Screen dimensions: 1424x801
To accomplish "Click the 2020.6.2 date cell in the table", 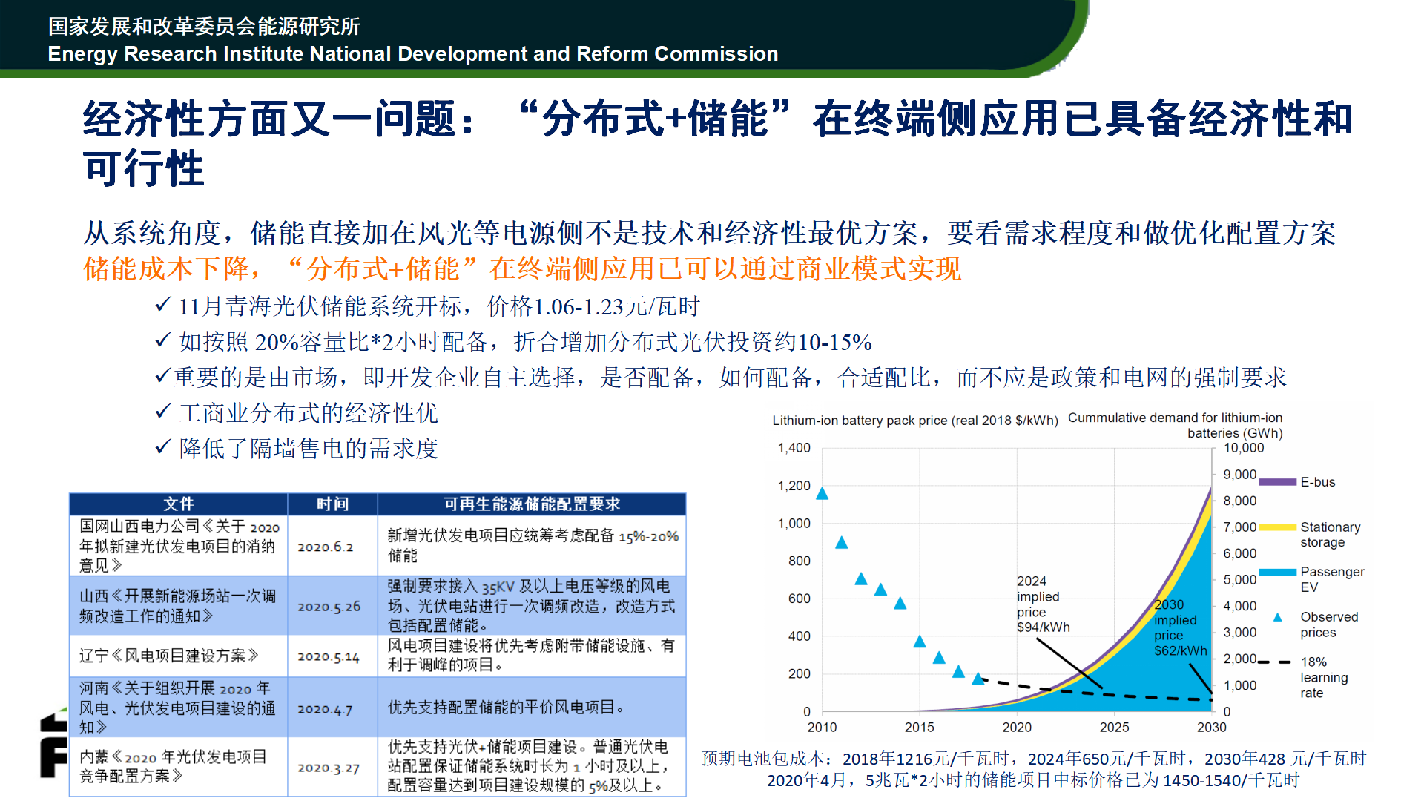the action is click(326, 547).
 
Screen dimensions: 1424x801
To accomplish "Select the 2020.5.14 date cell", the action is click(329, 656).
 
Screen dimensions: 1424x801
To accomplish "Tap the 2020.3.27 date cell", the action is click(329, 768).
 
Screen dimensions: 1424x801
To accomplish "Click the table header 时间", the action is click(332, 504).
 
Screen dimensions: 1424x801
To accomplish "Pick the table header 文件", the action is click(179, 504).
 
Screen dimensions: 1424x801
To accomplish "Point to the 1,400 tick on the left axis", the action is click(794, 448).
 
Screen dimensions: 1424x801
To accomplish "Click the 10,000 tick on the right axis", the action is click(1244, 448).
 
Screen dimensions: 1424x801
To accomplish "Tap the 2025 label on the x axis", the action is click(1114, 728).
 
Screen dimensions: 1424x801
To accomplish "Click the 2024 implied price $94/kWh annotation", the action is click(1044, 604).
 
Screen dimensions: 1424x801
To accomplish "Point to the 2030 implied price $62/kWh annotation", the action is click(1181, 627).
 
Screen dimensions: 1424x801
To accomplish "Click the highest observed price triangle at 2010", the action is click(822, 494).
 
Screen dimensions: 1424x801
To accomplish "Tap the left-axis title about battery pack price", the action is click(915, 421).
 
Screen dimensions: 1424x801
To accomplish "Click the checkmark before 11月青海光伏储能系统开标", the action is click(163, 305).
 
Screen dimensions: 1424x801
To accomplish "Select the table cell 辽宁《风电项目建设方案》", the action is click(169, 656).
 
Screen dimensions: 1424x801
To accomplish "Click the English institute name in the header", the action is click(413, 54).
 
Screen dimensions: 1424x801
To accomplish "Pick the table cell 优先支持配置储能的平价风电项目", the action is click(506, 708).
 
